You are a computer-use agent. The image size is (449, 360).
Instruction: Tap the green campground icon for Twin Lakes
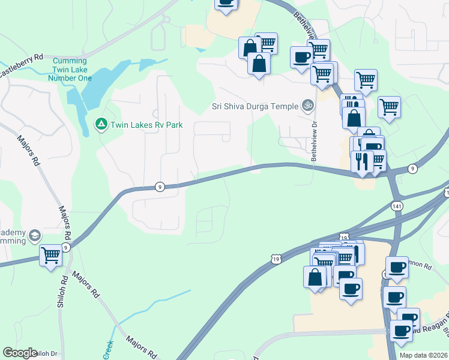[x=101, y=124]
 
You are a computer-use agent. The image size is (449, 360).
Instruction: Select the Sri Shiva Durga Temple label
[x=255, y=106]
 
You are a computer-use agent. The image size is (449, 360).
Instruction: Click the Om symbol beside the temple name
[x=308, y=106]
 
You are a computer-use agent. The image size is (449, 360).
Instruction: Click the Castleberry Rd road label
[x=21, y=65]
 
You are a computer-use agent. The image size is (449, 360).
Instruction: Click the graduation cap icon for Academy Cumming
[x=34, y=235]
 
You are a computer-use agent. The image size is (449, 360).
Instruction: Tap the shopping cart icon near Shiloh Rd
[x=50, y=254]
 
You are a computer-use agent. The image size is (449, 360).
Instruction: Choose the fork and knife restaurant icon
[x=362, y=161]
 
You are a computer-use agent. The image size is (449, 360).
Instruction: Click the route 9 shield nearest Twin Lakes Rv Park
[x=159, y=187]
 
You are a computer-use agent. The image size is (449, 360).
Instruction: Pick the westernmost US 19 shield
[x=276, y=259]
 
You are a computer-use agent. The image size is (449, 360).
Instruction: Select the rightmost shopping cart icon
[x=389, y=107]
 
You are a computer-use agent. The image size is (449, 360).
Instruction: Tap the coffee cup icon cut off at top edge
[x=226, y=3]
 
